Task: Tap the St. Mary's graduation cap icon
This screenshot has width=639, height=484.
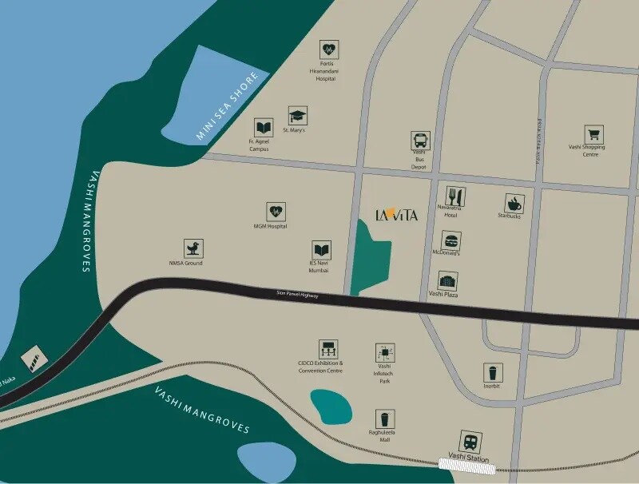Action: pyautogui.click(x=298, y=115)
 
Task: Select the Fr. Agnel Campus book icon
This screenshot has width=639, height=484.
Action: pyautogui.click(x=263, y=128)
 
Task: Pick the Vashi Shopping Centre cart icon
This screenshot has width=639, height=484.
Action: pyautogui.click(x=593, y=134)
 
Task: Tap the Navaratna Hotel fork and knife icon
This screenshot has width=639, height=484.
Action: pyautogui.click(x=454, y=196)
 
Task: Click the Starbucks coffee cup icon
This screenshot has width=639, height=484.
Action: pyautogui.click(x=514, y=203)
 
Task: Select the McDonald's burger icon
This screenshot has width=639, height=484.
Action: pyautogui.click(x=450, y=240)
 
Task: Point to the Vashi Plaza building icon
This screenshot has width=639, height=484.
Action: pyautogui.click(x=447, y=280)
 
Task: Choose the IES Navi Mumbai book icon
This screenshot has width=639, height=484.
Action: pyautogui.click(x=321, y=250)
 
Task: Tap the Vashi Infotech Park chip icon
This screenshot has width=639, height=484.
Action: pyautogui.click(x=386, y=353)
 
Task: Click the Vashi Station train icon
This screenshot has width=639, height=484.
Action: pyautogui.click(x=470, y=441)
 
